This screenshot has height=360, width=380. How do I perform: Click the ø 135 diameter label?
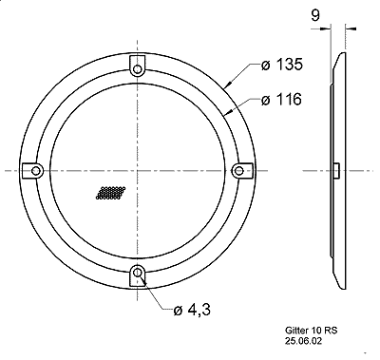282,65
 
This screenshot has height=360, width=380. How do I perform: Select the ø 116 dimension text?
281,100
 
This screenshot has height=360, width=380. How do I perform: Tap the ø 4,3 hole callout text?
192,310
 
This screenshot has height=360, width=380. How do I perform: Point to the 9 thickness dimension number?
315,15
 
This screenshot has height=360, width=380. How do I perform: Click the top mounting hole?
137,69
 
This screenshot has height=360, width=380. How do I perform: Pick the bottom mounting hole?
137,272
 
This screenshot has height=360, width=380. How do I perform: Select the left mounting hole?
36,171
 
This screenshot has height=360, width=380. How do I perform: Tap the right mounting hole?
238,171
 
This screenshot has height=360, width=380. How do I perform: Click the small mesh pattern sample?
110,193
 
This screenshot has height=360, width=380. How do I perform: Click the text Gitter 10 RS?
312,331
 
